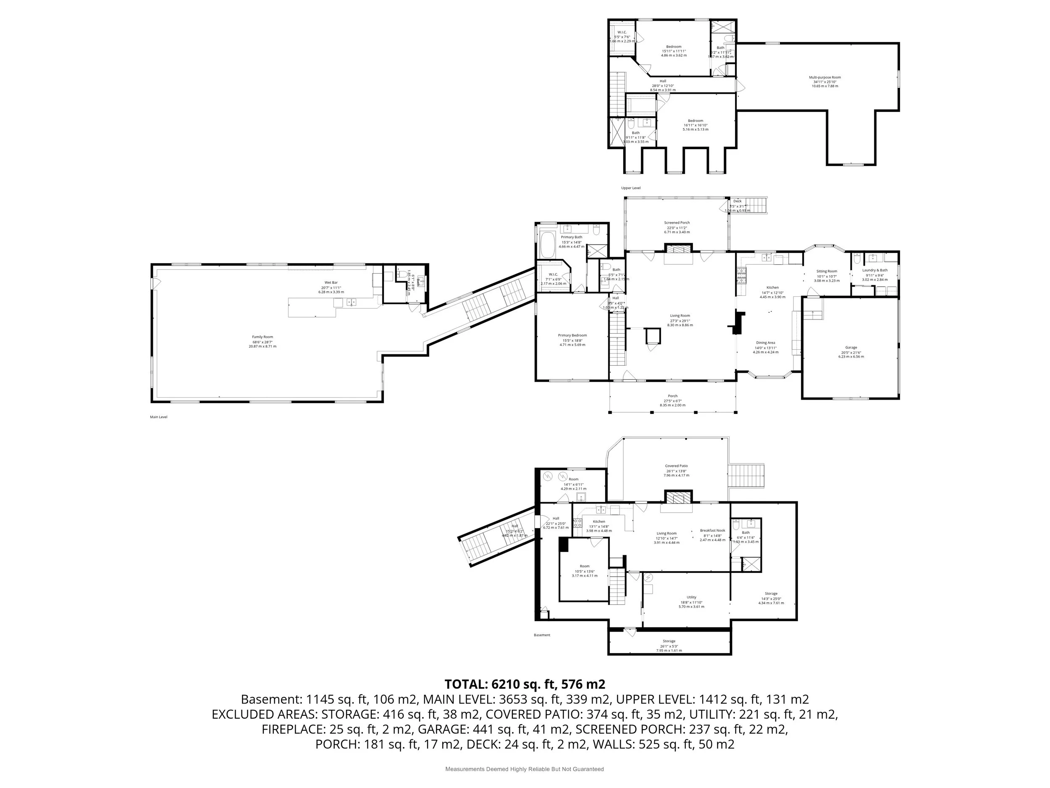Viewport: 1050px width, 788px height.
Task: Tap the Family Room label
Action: click(262, 337)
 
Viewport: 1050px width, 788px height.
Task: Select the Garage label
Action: click(851, 347)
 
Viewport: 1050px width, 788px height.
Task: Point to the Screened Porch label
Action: click(677, 223)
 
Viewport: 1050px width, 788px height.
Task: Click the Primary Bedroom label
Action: click(572, 335)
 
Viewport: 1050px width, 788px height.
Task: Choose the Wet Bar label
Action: click(331, 282)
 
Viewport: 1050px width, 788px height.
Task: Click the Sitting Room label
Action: click(827, 271)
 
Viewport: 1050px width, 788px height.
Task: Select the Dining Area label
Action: click(765, 343)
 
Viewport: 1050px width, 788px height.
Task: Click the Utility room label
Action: click(691, 597)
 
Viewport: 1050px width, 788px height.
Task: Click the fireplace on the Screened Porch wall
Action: click(678, 249)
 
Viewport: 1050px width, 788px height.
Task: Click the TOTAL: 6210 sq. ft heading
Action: click(525, 684)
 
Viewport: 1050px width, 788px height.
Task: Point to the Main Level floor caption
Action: click(158, 417)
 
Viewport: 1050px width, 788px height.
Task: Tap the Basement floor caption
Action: click(542, 635)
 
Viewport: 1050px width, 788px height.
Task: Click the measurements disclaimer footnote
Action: click(524, 769)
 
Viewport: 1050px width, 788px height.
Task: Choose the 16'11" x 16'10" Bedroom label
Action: click(696, 121)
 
